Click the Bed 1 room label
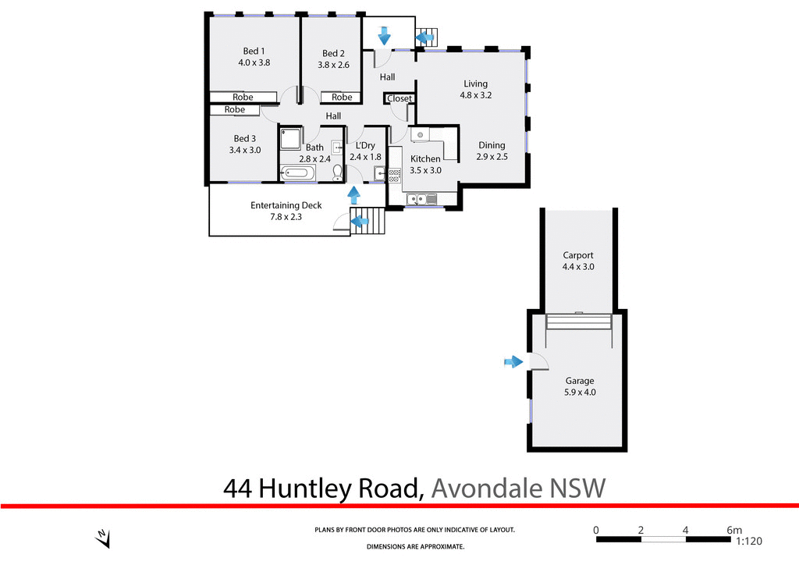(x=254, y=51)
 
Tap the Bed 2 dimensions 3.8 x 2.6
(x=333, y=66)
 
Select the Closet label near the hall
(x=399, y=98)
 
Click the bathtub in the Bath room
(x=297, y=174)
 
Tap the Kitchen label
(x=425, y=158)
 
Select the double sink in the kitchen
(x=417, y=198)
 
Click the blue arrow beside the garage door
(x=513, y=361)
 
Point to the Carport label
(x=578, y=255)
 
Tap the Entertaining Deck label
(x=286, y=205)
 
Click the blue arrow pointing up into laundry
(x=353, y=195)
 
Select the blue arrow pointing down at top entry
(x=384, y=35)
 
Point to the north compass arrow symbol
(x=102, y=538)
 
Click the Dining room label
(x=492, y=145)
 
